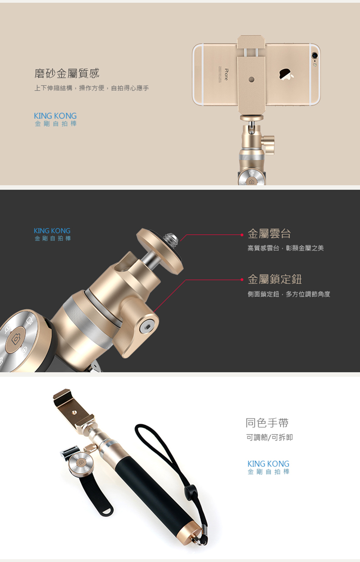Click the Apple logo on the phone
[x=287, y=74]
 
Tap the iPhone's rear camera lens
[x=315, y=55]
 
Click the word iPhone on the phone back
[x=226, y=74]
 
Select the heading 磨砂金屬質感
[x=67, y=73]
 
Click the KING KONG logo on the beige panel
[x=55, y=119]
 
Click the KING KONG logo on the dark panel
[x=52, y=234]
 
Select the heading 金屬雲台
[x=269, y=234]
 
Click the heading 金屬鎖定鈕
[x=275, y=279]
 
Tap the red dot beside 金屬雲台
[x=242, y=235]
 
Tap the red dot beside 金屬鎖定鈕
[x=242, y=280]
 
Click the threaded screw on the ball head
[x=171, y=239]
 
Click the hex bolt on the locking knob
[x=147, y=327]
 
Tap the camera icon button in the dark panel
[x=16, y=339]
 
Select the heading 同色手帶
[x=267, y=423]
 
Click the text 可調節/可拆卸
[x=270, y=437]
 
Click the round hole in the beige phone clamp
[x=252, y=80]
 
